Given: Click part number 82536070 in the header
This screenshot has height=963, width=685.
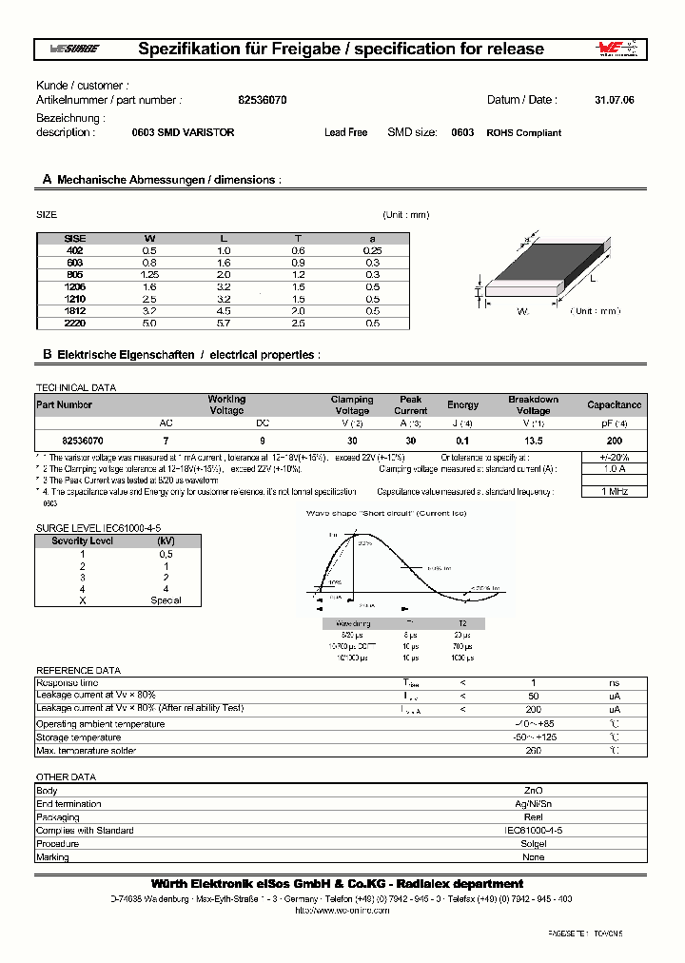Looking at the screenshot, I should click(256, 100).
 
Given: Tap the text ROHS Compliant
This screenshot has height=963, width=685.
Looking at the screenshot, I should click(523, 133).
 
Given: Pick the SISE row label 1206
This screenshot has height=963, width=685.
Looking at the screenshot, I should click(74, 286).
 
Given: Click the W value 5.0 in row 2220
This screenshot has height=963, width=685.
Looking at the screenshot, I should click(150, 324).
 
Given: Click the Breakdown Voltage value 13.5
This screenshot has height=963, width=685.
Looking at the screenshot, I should click(533, 442).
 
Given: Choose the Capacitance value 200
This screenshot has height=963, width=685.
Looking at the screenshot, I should click(615, 442).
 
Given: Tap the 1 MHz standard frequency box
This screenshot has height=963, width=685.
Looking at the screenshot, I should click(615, 491).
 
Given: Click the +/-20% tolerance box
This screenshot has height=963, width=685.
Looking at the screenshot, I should click(615, 457).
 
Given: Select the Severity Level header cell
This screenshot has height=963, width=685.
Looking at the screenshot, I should click(82, 540).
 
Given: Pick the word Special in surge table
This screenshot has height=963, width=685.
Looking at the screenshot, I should click(166, 600).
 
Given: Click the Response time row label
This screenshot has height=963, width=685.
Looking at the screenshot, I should click(67, 683).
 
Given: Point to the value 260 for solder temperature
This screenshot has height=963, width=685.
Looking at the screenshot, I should click(534, 751).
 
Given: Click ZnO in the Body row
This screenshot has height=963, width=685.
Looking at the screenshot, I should click(534, 791).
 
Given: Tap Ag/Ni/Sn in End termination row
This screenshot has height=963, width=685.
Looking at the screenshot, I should click(534, 804).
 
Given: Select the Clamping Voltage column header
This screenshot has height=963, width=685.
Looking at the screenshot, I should click(352, 405).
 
